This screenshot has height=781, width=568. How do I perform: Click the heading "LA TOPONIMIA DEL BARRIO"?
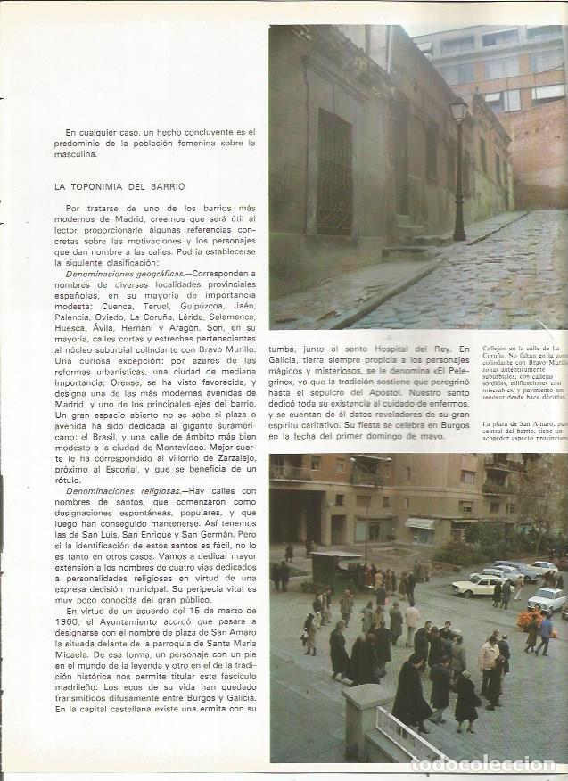[119, 186]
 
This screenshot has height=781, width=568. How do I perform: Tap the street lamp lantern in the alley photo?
[458, 111]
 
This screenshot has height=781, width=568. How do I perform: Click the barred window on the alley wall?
[334, 171]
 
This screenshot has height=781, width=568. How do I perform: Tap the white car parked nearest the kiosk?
[477, 585]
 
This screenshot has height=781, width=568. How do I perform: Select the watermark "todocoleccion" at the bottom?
[483, 764]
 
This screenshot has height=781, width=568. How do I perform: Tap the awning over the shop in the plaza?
[420, 523]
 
